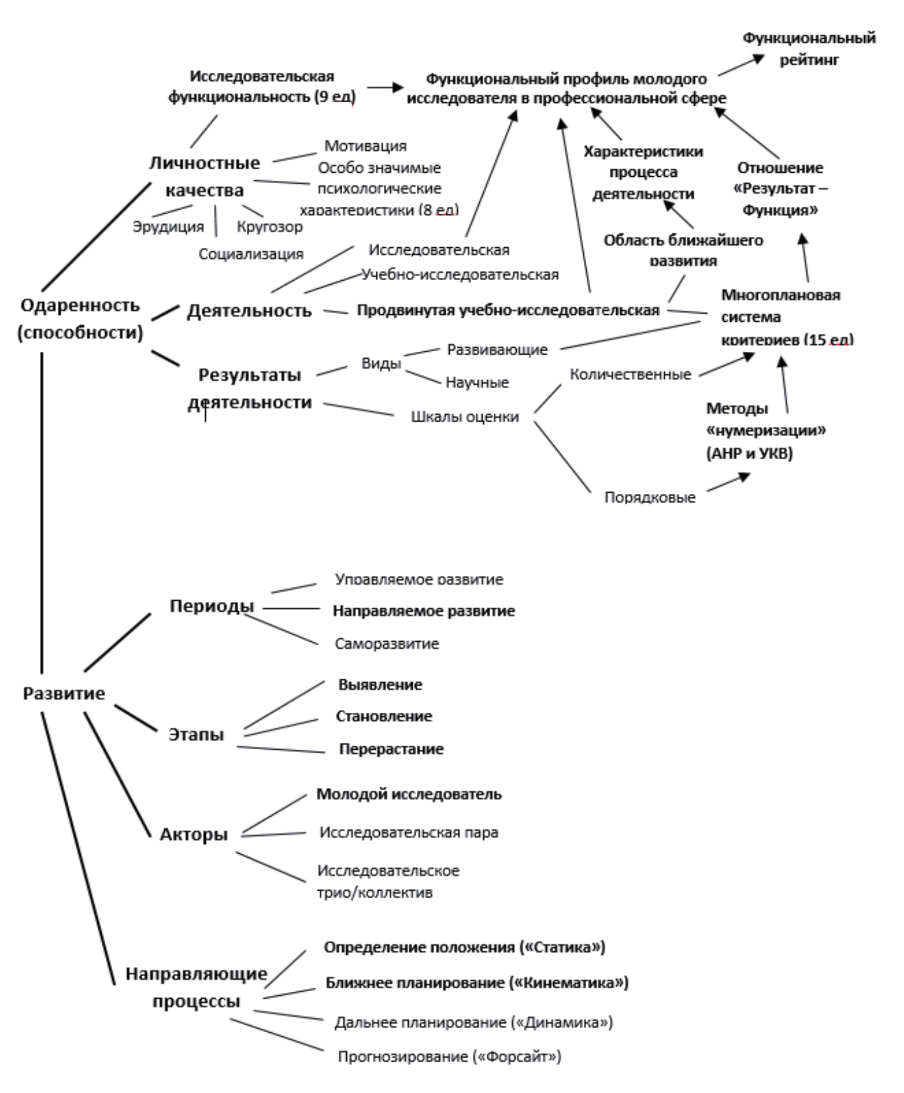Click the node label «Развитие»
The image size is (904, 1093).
click(x=64, y=693)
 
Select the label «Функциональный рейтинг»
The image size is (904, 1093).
click(x=808, y=49)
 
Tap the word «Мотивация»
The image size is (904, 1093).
click(x=365, y=146)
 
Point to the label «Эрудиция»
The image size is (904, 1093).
click(x=168, y=227)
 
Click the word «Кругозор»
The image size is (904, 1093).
click(x=269, y=227)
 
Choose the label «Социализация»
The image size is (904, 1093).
click(x=251, y=254)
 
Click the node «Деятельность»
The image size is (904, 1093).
click(x=249, y=311)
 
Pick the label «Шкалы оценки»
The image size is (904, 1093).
click(x=465, y=417)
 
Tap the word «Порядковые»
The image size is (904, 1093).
click(x=649, y=497)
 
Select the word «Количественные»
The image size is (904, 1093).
click(x=630, y=375)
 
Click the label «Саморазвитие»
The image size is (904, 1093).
click(x=387, y=644)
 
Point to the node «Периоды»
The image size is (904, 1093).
click(x=212, y=606)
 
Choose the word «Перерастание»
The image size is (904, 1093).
click(x=391, y=749)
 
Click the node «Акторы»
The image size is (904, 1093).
click(x=193, y=834)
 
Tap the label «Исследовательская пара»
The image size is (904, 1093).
click(x=408, y=833)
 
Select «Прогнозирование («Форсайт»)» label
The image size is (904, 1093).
click(x=449, y=1057)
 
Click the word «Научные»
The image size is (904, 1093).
click(x=477, y=383)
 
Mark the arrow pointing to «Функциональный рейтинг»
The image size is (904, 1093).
click(x=741, y=65)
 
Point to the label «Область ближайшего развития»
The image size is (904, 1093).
click(x=683, y=251)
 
